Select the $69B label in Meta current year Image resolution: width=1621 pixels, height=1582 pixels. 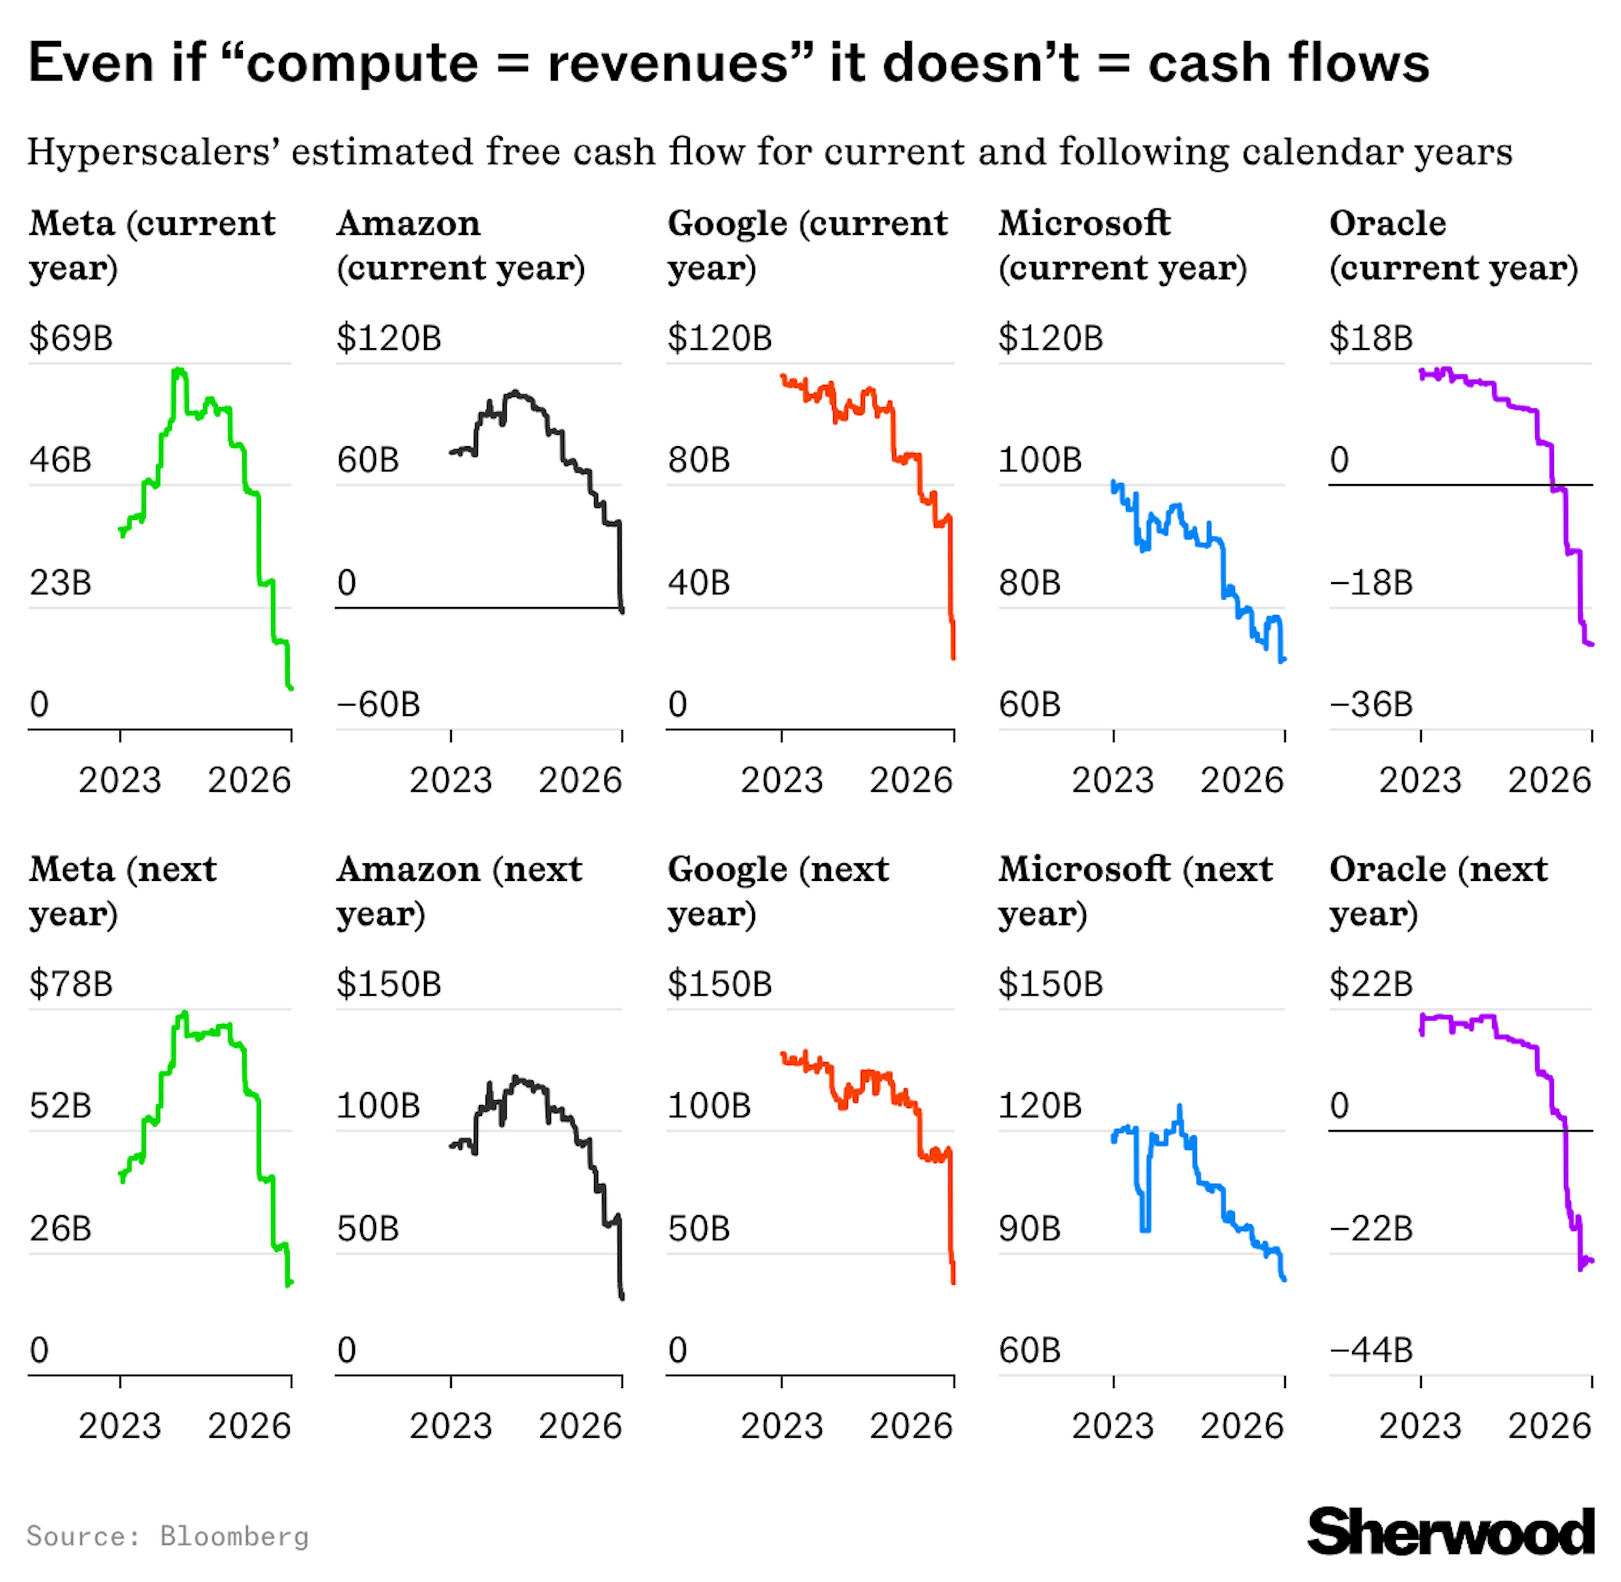point(70,338)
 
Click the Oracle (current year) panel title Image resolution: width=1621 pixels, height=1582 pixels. point(1452,245)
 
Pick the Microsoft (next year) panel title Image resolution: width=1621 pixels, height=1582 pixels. point(1134,891)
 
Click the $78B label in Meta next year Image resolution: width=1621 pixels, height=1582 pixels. point(70,984)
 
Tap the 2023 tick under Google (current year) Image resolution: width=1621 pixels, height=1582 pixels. point(781,779)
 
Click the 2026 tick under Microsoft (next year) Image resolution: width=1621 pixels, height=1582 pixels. point(1242,1426)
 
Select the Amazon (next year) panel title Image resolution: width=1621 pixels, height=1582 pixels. point(458,891)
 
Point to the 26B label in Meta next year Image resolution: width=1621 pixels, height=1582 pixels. point(60,1228)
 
